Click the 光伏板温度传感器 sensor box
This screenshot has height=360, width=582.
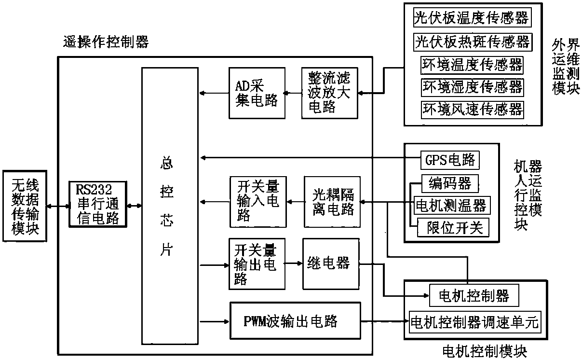click(x=472, y=18)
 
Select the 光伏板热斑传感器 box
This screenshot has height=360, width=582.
click(x=472, y=42)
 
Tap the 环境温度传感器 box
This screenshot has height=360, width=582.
click(x=472, y=65)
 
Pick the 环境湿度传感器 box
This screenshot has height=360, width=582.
click(x=472, y=87)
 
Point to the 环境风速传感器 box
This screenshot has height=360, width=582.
click(x=472, y=109)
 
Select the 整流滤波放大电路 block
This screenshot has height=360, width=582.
click(x=330, y=93)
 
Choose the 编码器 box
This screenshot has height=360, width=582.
click(x=447, y=183)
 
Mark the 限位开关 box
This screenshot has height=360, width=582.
click(x=451, y=227)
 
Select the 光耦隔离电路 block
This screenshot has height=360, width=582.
click(x=331, y=202)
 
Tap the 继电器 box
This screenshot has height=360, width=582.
click(x=330, y=263)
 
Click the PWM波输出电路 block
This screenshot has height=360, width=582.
click(x=295, y=321)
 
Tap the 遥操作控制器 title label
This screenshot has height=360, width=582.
click(x=106, y=42)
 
